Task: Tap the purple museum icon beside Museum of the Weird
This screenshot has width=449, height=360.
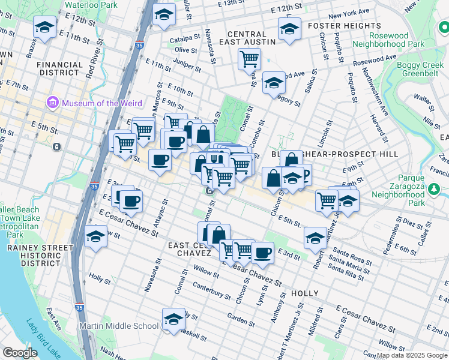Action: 52,103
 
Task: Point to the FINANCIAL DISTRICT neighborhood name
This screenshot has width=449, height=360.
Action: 59,68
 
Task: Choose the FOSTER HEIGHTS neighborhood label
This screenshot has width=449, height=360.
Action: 344,26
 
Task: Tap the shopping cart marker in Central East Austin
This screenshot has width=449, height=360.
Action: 249,59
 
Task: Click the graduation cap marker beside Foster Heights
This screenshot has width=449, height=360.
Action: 289,28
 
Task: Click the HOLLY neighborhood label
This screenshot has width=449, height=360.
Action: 306,293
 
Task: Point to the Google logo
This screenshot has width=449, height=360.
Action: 20,353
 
